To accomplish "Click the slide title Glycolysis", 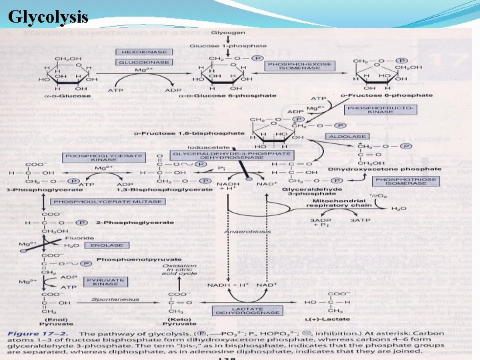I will coord(47,17).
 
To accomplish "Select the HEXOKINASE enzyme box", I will coord(137,51).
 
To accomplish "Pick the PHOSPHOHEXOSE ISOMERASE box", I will coord(298,66).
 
